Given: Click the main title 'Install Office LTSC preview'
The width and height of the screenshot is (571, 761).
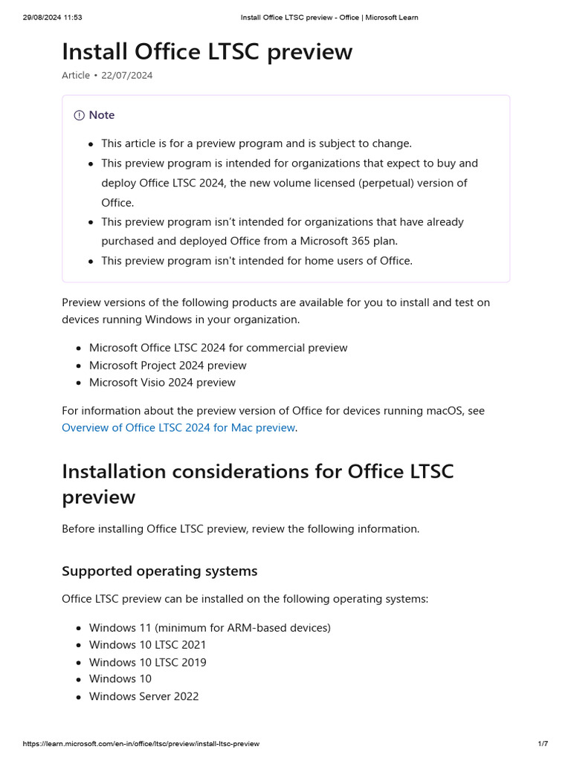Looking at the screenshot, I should click(x=207, y=52).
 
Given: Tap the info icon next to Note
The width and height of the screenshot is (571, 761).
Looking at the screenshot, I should click(x=79, y=115).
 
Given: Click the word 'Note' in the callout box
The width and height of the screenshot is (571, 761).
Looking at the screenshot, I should click(x=102, y=115).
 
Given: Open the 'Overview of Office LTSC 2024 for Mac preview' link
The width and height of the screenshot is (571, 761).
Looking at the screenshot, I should click(x=178, y=427).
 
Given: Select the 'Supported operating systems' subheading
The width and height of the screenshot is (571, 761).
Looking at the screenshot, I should click(x=159, y=571).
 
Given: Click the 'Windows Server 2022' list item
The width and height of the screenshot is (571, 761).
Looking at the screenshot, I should click(x=143, y=696).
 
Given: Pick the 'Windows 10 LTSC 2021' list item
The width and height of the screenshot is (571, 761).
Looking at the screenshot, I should click(x=147, y=644).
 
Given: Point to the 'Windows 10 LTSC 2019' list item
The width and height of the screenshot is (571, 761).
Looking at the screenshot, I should click(x=147, y=662).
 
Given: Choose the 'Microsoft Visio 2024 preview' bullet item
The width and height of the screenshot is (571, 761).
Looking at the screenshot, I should click(x=162, y=382).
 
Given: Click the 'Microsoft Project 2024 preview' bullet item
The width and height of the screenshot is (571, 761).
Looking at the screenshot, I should click(x=167, y=365).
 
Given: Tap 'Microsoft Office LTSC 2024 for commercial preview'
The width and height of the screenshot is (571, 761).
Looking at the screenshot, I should click(x=218, y=347).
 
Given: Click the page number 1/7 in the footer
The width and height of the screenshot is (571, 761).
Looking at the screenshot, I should click(x=543, y=744).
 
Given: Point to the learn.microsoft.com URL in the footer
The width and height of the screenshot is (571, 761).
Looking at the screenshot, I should click(x=141, y=744).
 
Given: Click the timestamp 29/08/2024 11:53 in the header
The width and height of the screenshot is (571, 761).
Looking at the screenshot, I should click(x=52, y=17).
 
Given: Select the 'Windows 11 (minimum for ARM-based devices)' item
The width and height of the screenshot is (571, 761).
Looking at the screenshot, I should click(x=210, y=627).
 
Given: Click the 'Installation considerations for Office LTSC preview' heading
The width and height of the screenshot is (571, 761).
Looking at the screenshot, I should click(x=257, y=485).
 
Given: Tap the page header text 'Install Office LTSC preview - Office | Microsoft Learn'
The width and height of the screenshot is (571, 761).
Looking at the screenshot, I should click(x=329, y=17).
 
